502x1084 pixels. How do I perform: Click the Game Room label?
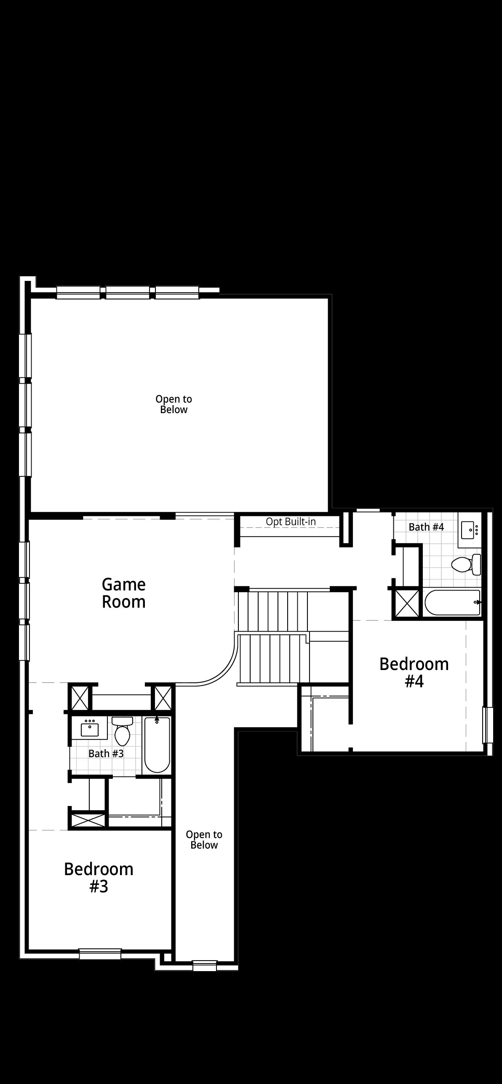point(124,593)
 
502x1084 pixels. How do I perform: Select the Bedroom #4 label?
point(414,673)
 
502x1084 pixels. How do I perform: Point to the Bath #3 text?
point(106,753)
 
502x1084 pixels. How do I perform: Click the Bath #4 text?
point(426,527)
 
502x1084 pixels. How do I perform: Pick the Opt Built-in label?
point(291,521)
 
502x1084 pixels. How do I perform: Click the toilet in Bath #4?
point(466,564)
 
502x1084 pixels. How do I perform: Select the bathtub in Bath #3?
point(157,745)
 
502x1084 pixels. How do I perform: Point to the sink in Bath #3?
point(90,727)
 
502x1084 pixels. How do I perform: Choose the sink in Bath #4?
point(470,529)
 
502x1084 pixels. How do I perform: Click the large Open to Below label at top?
point(174,404)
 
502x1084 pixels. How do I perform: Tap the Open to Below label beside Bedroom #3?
point(204,840)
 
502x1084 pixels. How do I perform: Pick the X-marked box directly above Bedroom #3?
point(88,820)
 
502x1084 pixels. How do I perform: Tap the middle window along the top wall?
point(128,292)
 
